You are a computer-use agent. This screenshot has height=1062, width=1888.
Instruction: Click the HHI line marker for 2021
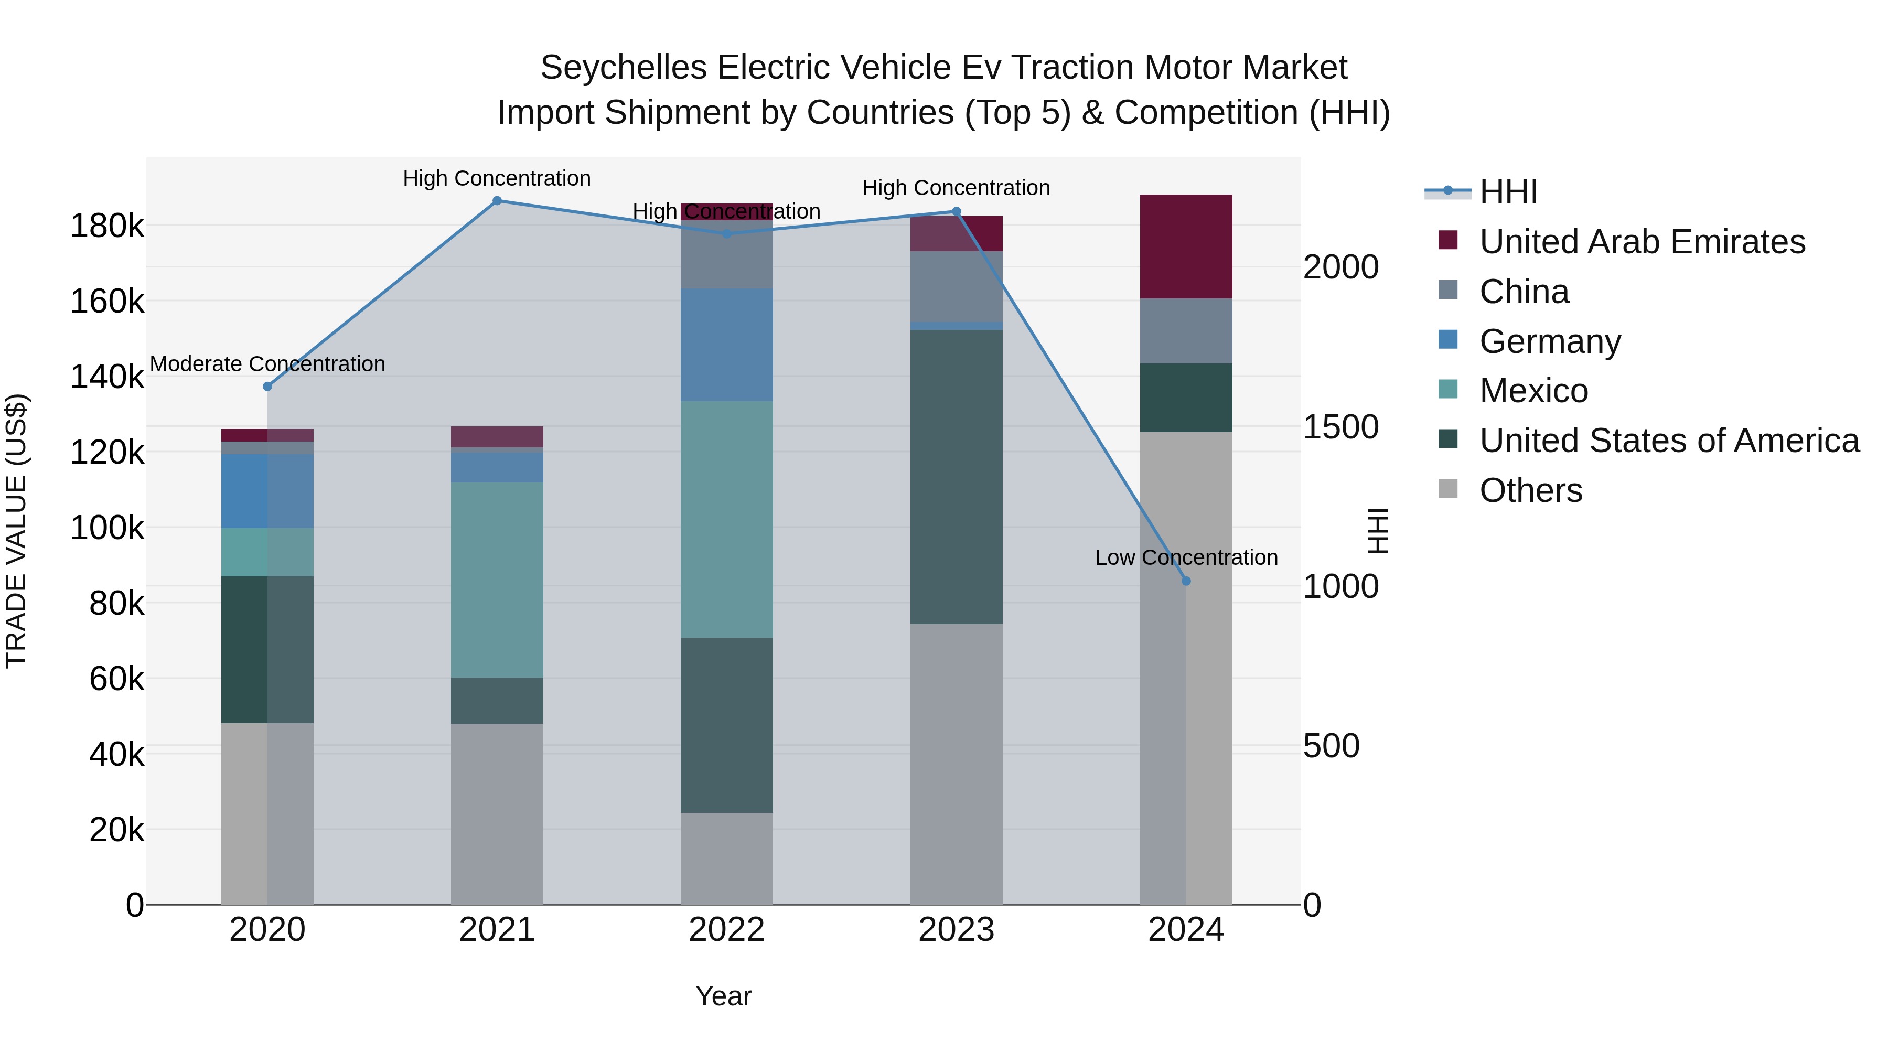(497, 201)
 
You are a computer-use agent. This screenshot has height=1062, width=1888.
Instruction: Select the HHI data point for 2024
(1187, 581)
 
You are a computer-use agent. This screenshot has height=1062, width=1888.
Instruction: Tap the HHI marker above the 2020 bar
(267, 386)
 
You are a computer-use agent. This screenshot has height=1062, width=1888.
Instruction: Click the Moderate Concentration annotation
(267, 364)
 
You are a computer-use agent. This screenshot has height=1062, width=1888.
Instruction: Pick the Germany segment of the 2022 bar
(726, 345)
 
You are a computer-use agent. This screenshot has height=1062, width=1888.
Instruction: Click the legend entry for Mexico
(1533, 391)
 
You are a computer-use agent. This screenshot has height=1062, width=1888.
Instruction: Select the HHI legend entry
(1508, 192)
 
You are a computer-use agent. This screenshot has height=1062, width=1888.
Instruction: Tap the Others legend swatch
(1448, 489)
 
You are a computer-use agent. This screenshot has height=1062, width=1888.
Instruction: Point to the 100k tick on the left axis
(107, 528)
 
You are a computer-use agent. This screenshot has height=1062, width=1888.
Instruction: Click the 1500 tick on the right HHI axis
(1340, 427)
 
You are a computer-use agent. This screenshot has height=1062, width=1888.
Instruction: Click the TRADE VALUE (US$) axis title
(16, 531)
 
